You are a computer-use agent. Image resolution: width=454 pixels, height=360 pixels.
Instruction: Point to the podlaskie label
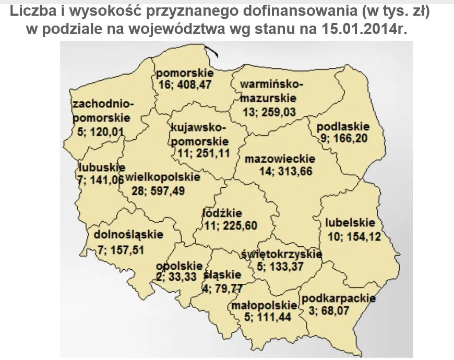click(343, 126)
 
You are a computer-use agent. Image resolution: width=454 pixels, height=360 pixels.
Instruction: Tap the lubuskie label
click(102, 167)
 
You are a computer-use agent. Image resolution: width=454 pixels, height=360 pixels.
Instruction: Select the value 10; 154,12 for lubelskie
click(353, 235)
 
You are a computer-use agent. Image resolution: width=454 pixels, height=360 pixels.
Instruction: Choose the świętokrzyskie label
click(282, 254)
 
